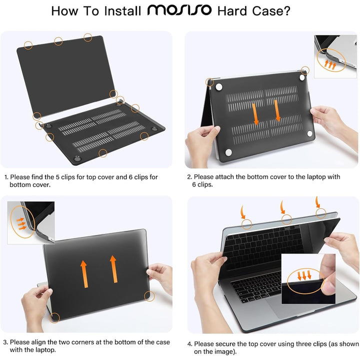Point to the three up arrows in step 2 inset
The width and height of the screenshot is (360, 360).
(331, 63)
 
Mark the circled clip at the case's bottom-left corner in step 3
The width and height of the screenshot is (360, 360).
(55, 317)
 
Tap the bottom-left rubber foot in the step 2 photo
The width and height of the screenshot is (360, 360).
(228, 153)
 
